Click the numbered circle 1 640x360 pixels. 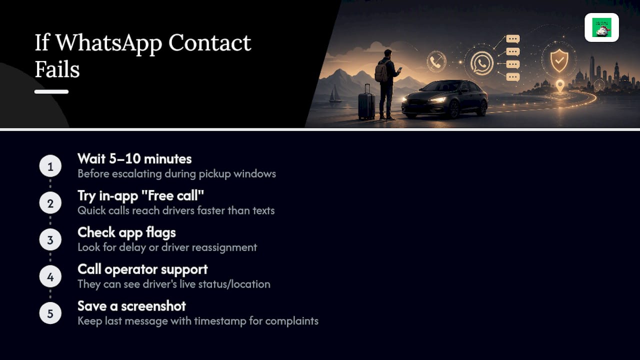click(50, 166)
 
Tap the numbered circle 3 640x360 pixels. click(50, 239)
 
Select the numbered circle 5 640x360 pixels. click(50, 313)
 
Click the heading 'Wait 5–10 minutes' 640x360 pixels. click(134, 159)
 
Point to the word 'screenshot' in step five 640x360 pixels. click(153, 306)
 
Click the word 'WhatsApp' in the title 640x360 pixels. click(109, 43)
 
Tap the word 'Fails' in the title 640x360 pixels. click(57, 69)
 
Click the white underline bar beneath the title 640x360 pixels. click(51, 91)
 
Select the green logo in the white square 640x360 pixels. click(601, 27)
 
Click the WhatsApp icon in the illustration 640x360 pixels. click(481, 63)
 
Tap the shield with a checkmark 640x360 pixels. click(559, 60)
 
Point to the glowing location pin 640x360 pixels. click(560, 85)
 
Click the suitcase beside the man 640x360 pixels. click(366, 102)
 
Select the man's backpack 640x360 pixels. click(381, 71)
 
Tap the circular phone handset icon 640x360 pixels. click(436, 61)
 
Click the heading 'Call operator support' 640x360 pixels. click(142, 269)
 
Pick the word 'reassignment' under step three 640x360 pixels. click(224, 247)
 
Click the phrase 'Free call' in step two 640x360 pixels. click(172, 195)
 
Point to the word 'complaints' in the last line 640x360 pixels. click(291, 321)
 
